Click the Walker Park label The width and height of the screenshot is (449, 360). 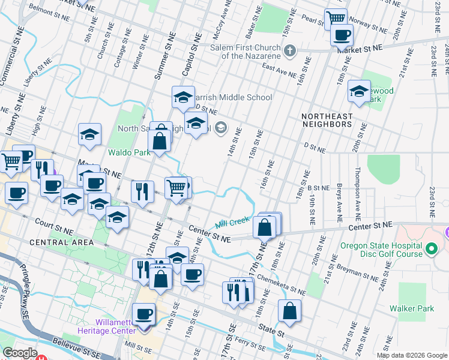[420, 308]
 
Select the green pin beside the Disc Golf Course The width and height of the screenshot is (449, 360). [430, 248]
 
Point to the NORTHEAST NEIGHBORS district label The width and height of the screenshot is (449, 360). [327, 124]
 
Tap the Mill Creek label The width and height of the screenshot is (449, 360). [232, 221]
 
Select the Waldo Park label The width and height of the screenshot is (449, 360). [128, 152]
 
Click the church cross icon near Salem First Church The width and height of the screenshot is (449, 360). [290, 50]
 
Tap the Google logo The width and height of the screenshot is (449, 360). [20, 353]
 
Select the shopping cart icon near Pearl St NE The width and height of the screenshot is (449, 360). [336, 17]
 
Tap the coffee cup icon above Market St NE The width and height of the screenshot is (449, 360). [342, 35]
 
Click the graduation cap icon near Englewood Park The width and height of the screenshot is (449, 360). [359, 91]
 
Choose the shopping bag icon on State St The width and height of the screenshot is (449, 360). [289, 311]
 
